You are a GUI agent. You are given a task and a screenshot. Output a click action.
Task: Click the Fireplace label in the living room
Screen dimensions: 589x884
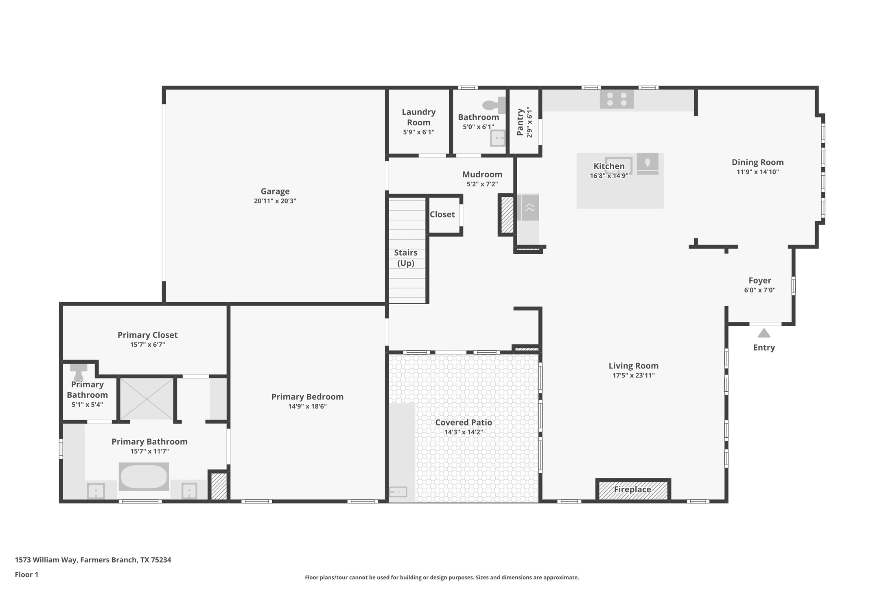[632, 489]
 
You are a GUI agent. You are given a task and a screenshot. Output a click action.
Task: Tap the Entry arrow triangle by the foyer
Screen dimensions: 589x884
[764, 334]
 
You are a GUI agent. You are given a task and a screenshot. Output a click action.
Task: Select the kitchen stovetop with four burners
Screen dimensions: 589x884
[617, 99]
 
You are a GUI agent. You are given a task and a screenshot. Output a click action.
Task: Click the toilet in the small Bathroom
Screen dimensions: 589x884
[494, 105]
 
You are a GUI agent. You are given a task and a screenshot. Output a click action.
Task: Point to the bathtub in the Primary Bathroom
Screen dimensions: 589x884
[144, 476]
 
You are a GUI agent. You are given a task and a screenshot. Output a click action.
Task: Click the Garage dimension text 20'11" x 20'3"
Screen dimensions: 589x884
[275, 201]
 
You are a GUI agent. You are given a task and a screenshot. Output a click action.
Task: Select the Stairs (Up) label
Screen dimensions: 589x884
[406, 258]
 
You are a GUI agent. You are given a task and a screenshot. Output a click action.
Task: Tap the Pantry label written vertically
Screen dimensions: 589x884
[520, 122]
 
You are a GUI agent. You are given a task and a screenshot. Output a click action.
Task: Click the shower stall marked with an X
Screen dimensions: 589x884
[147, 399]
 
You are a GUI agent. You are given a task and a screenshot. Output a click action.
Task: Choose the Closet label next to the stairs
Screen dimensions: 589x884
[442, 214]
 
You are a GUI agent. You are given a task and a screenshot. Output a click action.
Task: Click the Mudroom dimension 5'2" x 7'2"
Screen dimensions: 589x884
[482, 184]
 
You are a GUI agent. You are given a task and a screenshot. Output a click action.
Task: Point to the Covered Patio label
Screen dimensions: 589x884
[464, 422]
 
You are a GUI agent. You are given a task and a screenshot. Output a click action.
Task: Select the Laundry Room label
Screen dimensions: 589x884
[418, 117]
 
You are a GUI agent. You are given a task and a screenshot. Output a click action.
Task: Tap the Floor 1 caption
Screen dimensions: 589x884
[26, 574]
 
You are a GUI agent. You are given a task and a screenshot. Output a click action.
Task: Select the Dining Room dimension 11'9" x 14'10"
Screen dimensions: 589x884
[757, 172]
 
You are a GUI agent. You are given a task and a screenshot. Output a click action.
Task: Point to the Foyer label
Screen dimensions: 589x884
[759, 280]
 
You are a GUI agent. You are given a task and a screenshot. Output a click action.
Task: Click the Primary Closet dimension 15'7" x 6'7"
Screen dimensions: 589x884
[147, 345]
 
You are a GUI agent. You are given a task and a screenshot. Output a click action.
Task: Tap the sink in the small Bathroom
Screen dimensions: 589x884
[497, 138]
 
